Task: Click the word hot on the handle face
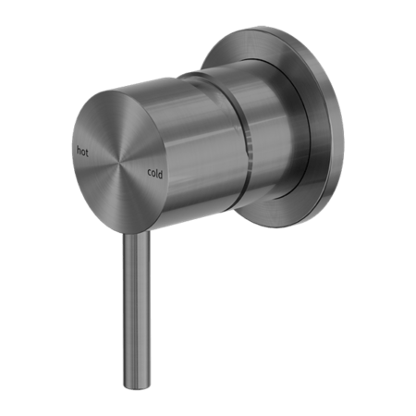pyautogui.click(x=82, y=152)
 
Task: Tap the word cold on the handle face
pyautogui.click(x=155, y=173)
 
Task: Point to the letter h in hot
pyautogui.click(x=79, y=151)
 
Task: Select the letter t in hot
pyautogui.click(x=87, y=153)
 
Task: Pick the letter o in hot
pyautogui.click(x=83, y=152)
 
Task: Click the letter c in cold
pyautogui.click(x=150, y=172)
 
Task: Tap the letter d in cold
pyautogui.click(x=160, y=175)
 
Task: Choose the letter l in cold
pyautogui.click(x=156, y=173)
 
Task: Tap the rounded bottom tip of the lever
pyautogui.click(x=138, y=385)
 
